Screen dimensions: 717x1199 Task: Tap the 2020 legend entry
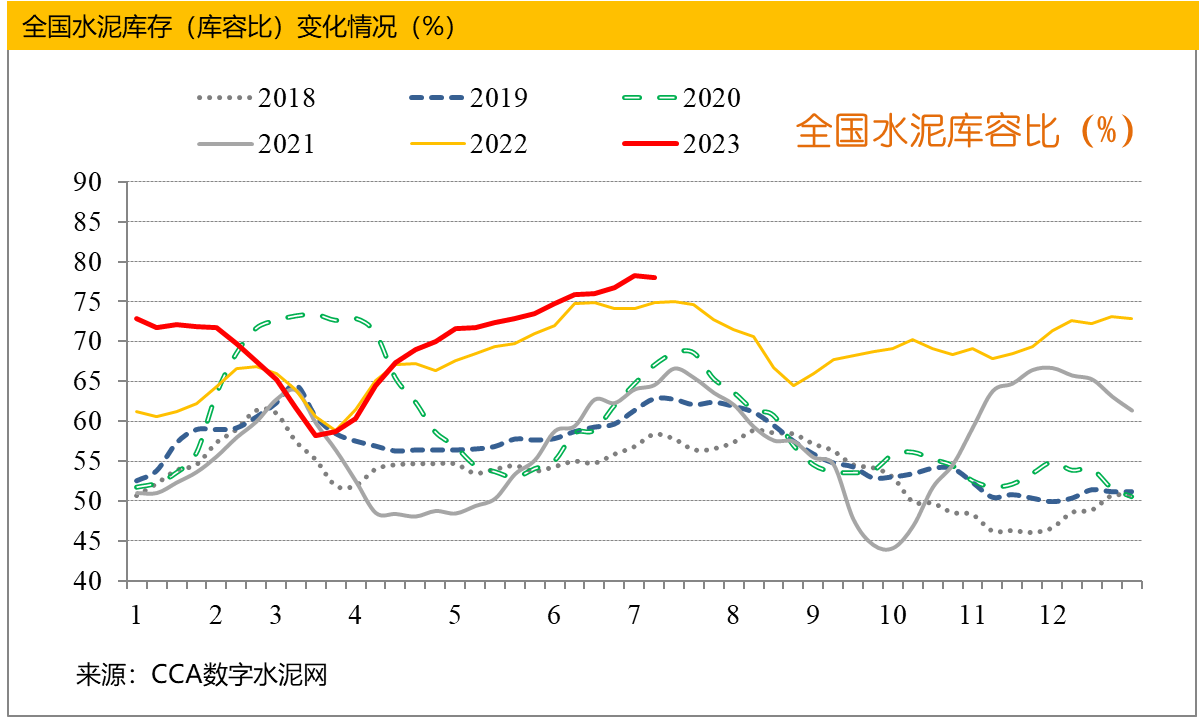[681, 98]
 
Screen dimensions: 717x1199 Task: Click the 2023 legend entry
[681, 144]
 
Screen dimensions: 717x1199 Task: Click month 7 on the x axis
[635, 613]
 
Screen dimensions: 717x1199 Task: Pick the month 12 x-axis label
[1051, 613]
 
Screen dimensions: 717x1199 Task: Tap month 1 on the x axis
[134, 613]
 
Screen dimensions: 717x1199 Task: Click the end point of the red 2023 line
[654, 277]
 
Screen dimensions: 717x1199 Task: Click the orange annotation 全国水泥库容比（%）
[964, 131]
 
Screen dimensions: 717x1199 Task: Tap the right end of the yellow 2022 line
[1131, 319]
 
